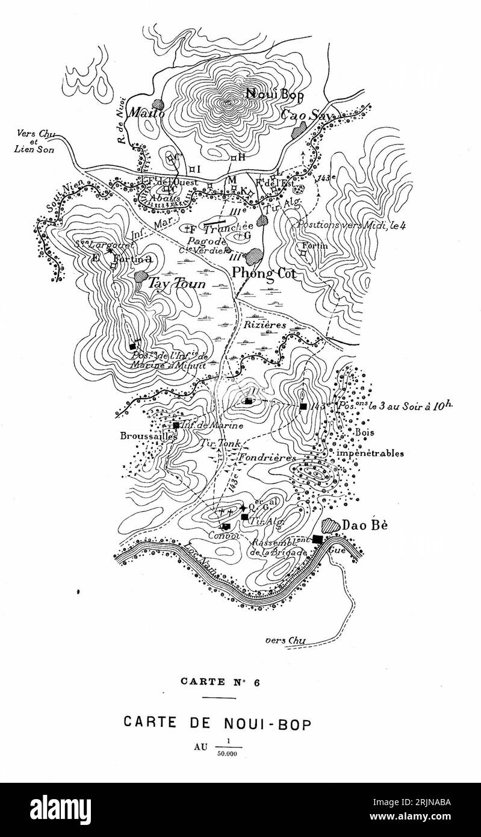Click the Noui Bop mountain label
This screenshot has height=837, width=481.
pyautogui.click(x=275, y=93)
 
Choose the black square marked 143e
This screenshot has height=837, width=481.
pyautogui.click(x=303, y=406)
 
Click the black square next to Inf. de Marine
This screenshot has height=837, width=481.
pyautogui.click(x=176, y=425)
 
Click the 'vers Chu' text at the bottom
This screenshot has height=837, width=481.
pyautogui.click(x=282, y=640)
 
